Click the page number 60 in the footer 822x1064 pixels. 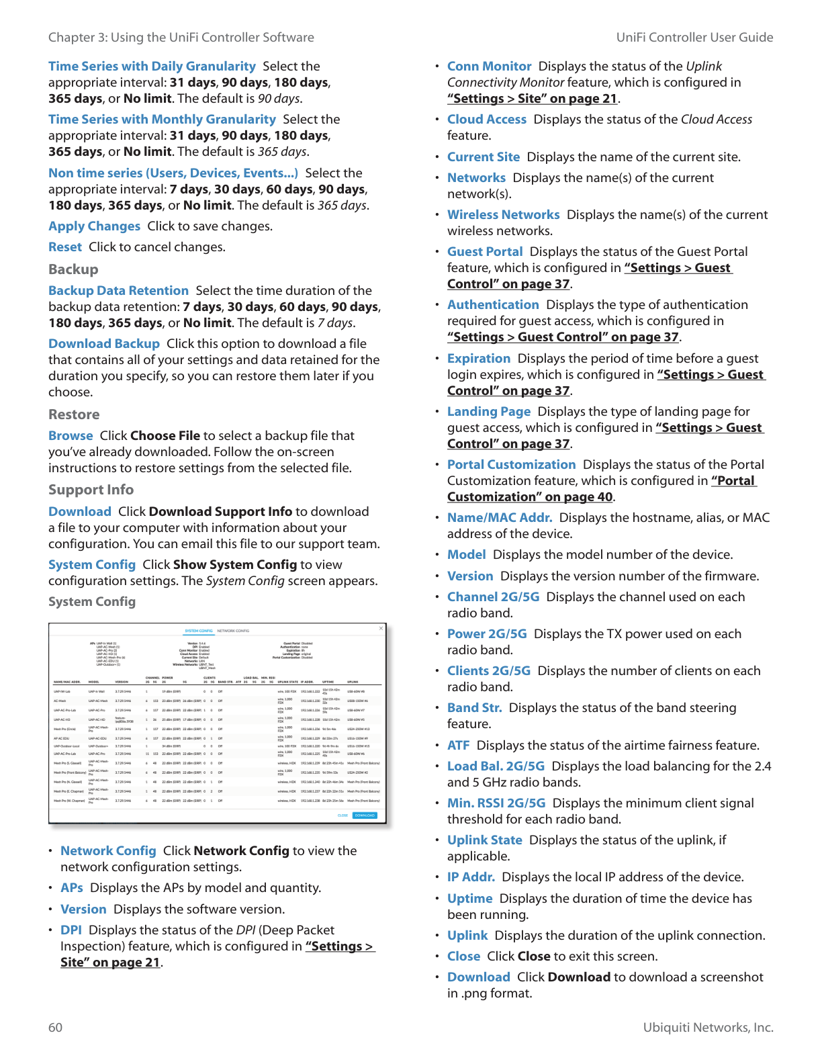click(56, 1027)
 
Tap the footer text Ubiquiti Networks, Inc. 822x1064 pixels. click(708, 1027)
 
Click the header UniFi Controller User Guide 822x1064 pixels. click(694, 38)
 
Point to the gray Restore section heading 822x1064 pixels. click(74, 414)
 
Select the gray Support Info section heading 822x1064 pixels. click(91, 490)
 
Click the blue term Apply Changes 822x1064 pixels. click(94, 226)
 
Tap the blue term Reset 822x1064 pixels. click(65, 247)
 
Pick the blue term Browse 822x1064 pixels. click(71, 436)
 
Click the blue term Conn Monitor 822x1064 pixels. click(489, 66)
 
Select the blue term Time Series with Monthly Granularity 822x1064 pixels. click(162, 120)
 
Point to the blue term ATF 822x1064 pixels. click(458, 746)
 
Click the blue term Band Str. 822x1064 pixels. click(474, 708)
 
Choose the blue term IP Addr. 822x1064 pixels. click(471, 877)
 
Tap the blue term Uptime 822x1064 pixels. click(469, 899)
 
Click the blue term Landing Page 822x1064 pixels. click(488, 412)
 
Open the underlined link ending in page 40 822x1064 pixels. click(530, 497)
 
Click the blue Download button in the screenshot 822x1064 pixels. click(365, 815)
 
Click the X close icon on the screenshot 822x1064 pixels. click(381, 629)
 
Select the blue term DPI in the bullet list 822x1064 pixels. click(71, 930)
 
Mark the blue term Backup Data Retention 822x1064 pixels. click(118, 291)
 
